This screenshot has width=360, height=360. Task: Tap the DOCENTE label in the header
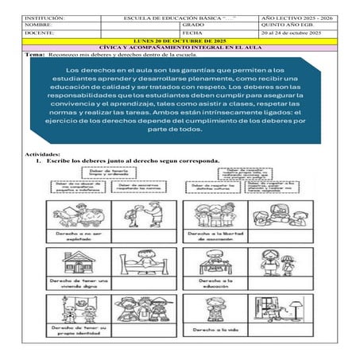tap(39, 33)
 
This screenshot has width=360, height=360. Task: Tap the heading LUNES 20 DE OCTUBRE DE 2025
tap(180, 41)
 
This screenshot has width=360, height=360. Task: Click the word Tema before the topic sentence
tap(36, 54)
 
